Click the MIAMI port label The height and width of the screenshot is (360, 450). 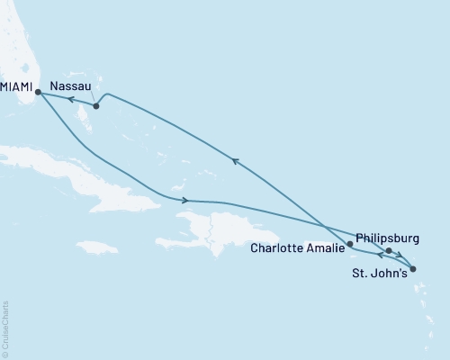15,87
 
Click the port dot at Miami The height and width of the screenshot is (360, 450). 38,91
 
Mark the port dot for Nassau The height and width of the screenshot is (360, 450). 96,106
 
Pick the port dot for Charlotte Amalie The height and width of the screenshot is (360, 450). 349,243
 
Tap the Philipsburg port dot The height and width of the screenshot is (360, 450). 388,251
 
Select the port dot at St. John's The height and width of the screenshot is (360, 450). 412,267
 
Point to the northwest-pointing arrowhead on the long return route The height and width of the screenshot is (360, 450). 236,161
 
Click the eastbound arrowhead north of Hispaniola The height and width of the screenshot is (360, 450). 185,200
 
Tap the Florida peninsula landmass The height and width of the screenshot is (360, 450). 18,45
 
